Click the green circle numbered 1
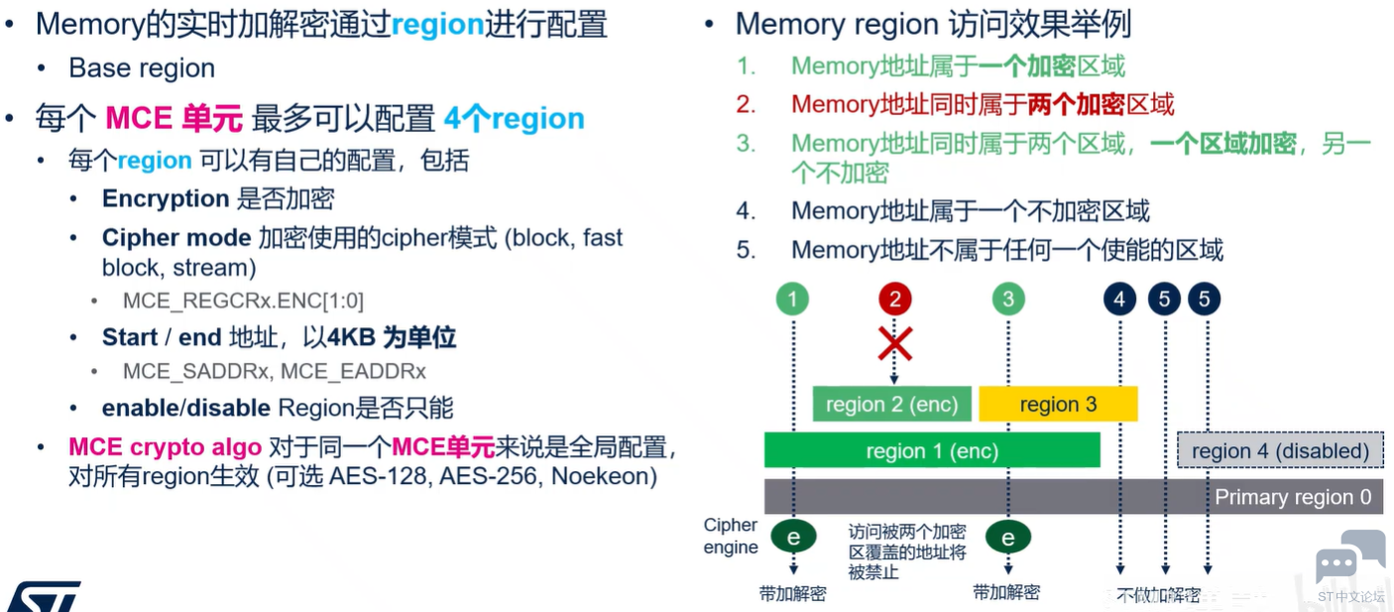tap(792, 299)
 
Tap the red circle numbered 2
tap(895, 299)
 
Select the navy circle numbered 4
tap(1119, 299)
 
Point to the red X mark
tap(895, 343)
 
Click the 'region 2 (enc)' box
tap(891, 404)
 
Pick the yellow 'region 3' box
tap(1058, 404)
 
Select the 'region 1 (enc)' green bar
tap(932, 450)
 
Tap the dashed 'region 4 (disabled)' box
tap(1280, 450)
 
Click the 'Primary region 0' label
tap(1293, 497)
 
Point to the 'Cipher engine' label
tap(731, 536)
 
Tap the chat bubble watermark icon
tap(1349, 557)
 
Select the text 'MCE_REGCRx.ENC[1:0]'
tap(243, 301)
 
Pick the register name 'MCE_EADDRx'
tap(353, 371)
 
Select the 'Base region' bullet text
tap(142, 67)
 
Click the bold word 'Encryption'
tap(166, 198)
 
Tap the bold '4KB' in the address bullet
tap(352, 337)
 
